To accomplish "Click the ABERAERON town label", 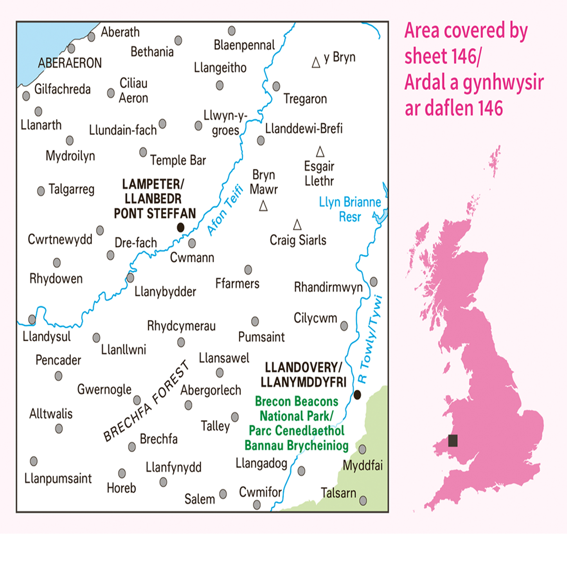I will click(70, 63).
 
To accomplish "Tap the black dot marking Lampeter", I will click(180, 227).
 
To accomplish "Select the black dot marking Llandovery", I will click(357, 395).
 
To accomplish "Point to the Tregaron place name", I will click(305, 99).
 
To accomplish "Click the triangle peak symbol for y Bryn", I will click(316, 62).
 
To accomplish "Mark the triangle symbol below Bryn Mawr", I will click(264, 206).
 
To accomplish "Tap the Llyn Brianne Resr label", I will click(350, 209).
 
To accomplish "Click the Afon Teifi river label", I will click(225, 210).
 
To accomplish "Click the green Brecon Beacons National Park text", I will click(296, 423).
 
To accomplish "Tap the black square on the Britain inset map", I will click(453, 441).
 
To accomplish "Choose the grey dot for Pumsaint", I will click(255, 321).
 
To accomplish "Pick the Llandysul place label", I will click(47, 336).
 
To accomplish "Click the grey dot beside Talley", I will click(235, 417).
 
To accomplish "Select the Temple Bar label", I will click(178, 160).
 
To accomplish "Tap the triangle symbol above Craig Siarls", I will click(297, 225).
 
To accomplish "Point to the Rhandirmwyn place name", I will click(328, 287).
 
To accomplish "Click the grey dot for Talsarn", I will click(363, 501).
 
